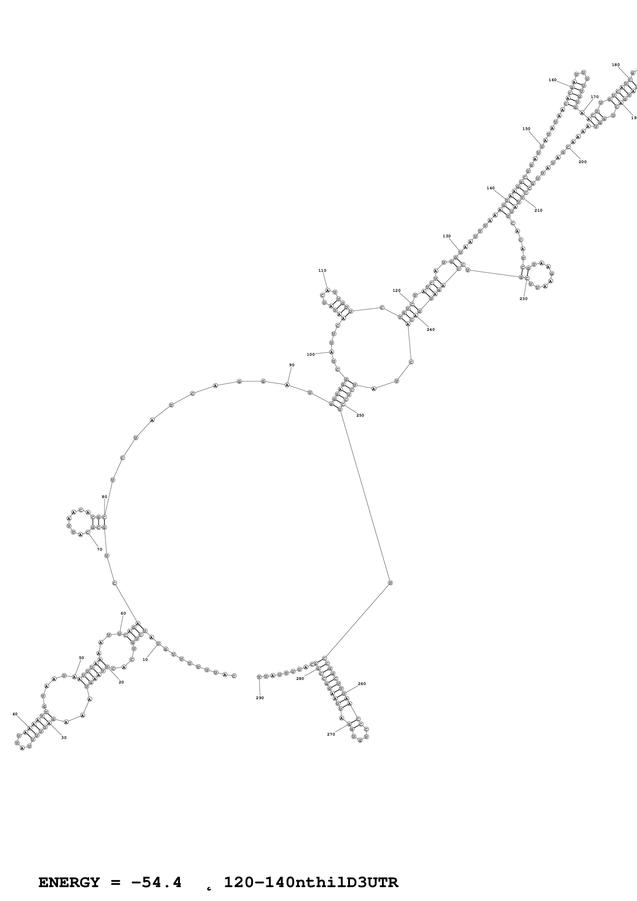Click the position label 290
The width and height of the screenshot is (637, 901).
pos(260,698)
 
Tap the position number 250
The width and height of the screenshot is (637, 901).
pos(360,415)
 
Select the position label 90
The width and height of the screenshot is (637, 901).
pos(292,365)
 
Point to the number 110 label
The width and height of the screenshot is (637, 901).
pos(322,270)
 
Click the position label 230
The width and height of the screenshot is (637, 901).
pos(524,299)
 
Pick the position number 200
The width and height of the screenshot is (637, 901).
pos(583,162)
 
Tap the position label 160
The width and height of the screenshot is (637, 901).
pos(552,80)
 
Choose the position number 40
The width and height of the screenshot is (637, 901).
pos(15,714)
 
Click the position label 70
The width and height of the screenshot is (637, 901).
pos(100,549)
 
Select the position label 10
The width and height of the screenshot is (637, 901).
pos(145,660)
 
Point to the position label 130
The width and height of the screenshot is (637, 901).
pos(447,236)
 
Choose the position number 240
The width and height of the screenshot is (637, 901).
pos(431,330)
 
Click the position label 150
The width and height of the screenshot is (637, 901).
pos(526,129)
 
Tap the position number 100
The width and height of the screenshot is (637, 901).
pos(310,354)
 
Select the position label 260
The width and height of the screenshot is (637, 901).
pos(362,684)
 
